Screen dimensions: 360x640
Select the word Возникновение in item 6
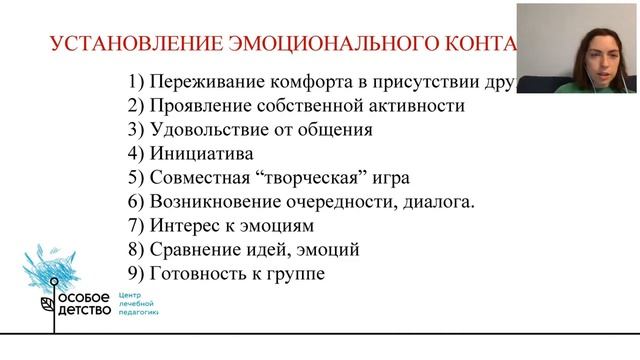coord(218,202)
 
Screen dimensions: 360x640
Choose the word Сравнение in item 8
coord(194,250)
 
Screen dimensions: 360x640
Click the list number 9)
coord(136,274)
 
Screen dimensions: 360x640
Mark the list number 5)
coord(136,178)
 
